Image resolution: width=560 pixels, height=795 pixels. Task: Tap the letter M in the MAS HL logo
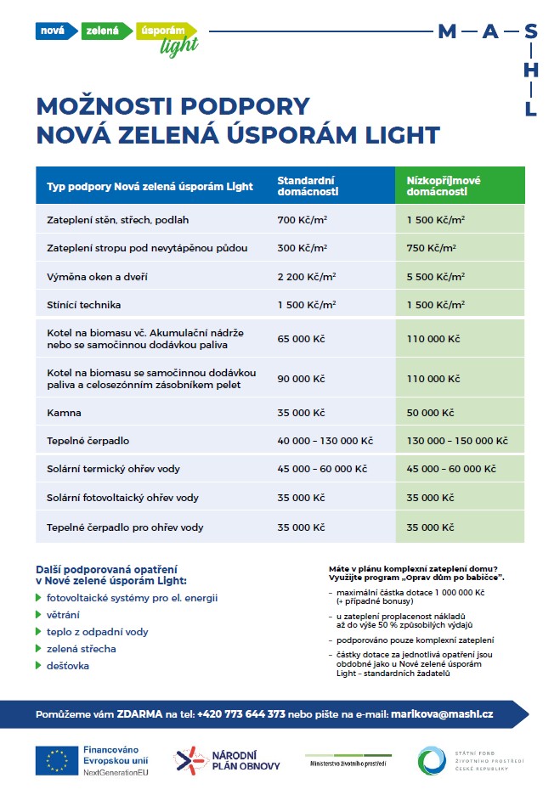tap(446, 32)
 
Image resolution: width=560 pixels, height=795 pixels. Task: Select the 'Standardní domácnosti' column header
tap(307, 186)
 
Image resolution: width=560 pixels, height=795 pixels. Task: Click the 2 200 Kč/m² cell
tap(307, 277)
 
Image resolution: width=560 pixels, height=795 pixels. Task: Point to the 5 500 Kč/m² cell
tap(436, 277)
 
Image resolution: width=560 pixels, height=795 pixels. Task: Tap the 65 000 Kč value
tap(302, 338)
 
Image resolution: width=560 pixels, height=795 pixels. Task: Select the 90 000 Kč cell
tap(302, 378)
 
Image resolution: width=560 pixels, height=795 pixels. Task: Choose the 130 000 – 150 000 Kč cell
tap(457, 441)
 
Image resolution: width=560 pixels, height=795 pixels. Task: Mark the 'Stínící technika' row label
tap(83, 304)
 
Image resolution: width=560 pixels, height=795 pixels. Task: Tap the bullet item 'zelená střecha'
tap(82, 649)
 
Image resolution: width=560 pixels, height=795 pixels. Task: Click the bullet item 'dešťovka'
tap(68, 666)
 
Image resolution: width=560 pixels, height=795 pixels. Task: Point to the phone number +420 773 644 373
tap(240, 714)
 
